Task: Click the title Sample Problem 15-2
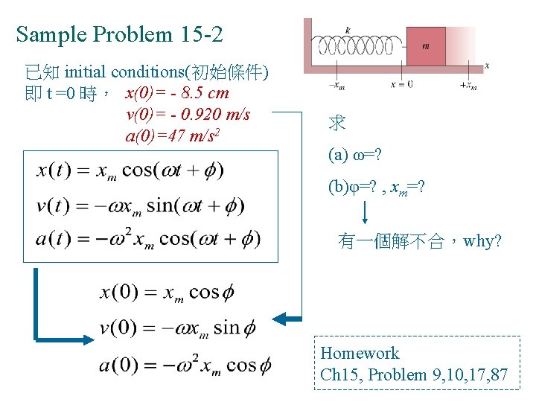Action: click(119, 34)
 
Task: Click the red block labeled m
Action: click(426, 46)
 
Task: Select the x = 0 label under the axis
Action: click(402, 84)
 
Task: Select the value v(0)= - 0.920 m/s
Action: click(188, 115)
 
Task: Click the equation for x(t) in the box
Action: click(130, 170)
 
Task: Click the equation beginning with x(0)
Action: click(167, 292)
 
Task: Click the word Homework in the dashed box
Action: click(360, 354)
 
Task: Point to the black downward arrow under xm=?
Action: click(366, 212)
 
